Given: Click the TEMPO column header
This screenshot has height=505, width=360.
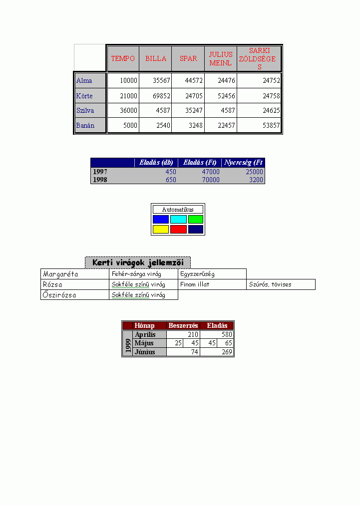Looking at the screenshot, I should tap(123, 58).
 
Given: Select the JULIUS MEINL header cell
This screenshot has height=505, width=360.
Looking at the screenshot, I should tap(220, 59).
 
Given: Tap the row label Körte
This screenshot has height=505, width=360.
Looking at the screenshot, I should tap(84, 96).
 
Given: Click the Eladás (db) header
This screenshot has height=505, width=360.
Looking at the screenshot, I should tap(156, 162).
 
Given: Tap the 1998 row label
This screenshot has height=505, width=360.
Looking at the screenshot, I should tap(100, 180).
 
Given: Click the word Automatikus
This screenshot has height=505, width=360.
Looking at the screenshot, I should tap(178, 210).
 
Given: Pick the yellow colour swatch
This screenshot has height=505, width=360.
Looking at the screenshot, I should tap(161, 229).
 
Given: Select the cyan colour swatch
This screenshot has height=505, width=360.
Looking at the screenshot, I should tap(178, 219).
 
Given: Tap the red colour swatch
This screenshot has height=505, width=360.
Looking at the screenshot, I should tap(178, 229).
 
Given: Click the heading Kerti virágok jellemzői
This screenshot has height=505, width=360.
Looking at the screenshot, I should tap(138, 262).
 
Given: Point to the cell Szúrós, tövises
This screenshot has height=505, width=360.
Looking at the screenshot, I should tap(270, 284).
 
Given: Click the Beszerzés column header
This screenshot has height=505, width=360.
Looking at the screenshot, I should tap(183, 325).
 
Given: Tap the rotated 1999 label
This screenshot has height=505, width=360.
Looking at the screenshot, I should tap(128, 344).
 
